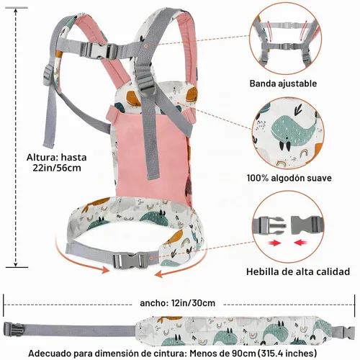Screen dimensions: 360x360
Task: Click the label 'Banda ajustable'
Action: [x=283, y=84]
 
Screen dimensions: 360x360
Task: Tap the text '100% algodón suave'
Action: [x=289, y=178]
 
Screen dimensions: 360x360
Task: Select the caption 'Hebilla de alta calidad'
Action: [x=298, y=271]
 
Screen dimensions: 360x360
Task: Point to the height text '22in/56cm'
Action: [x=57, y=168]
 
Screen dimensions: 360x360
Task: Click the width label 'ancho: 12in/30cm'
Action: [x=177, y=303]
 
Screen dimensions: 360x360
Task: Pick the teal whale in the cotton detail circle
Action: [x=291, y=131]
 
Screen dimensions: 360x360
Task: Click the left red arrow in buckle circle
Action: [x=275, y=243]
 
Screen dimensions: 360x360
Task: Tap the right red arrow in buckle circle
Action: [x=301, y=243]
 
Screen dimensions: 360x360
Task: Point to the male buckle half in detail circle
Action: [x=269, y=225]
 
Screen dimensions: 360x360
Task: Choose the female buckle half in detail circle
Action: [x=307, y=225]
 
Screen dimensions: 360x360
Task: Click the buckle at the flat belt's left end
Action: [x=12, y=329]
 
